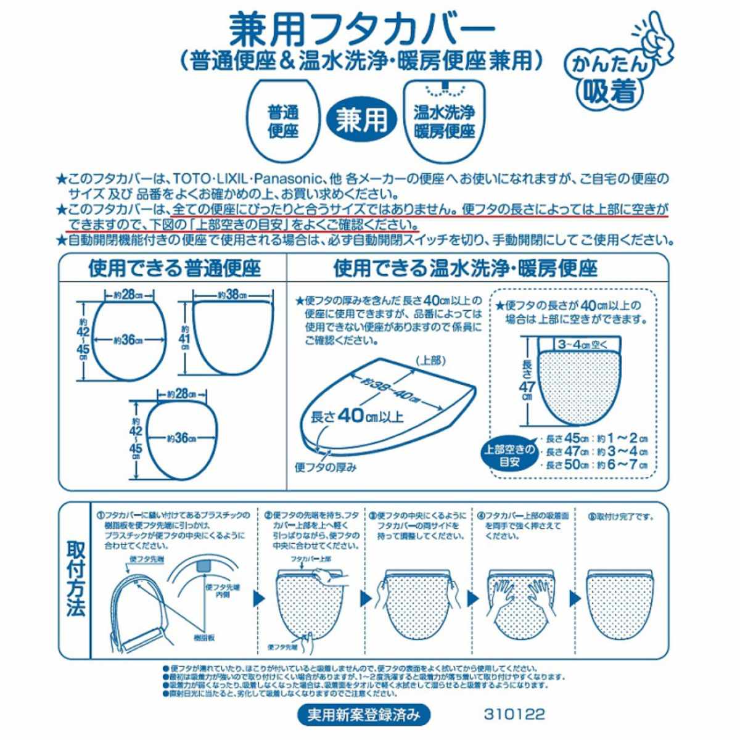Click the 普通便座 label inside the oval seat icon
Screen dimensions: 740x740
click(283, 121)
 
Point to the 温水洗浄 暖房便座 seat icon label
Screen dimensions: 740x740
click(444, 121)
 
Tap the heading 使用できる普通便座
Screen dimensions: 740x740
click(175, 269)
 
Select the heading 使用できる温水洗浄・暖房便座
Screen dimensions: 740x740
click(466, 269)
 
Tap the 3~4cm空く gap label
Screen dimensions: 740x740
click(583, 343)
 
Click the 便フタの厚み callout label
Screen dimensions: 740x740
click(326, 467)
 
